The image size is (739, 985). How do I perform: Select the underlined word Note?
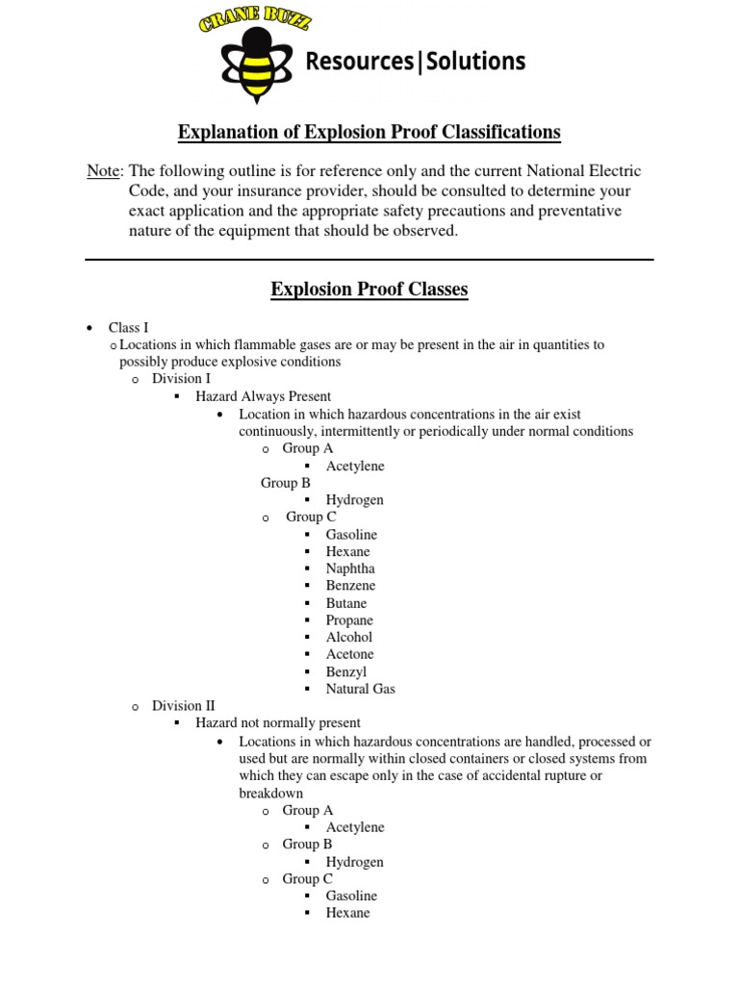click(x=103, y=170)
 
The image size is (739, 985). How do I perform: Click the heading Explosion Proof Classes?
click(x=369, y=289)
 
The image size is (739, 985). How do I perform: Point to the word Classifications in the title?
click(x=485, y=131)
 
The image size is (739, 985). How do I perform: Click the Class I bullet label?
click(x=128, y=328)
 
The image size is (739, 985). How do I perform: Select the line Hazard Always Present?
click(x=263, y=396)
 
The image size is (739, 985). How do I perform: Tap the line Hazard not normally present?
click(x=278, y=722)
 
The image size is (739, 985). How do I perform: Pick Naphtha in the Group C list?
click(x=350, y=568)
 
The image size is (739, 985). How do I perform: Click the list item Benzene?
click(x=350, y=586)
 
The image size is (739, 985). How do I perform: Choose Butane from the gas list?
click(x=346, y=603)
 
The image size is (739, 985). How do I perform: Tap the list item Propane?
click(x=349, y=620)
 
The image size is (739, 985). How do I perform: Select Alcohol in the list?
click(x=348, y=637)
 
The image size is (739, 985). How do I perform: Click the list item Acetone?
click(x=349, y=654)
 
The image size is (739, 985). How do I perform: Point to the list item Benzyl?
click(x=345, y=671)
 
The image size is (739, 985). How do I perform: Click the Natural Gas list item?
click(x=360, y=689)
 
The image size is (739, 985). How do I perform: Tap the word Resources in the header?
click(x=359, y=62)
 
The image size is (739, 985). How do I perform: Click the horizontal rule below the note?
click(x=369, y=260)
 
